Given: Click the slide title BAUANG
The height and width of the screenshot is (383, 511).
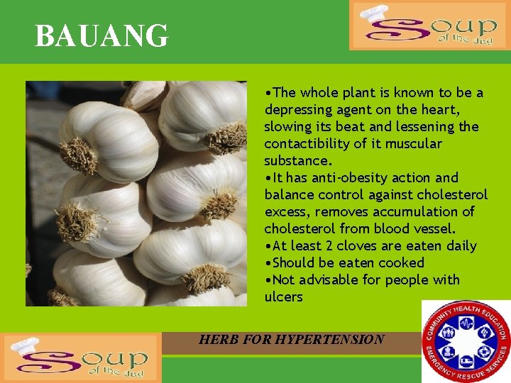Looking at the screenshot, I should (101, 36).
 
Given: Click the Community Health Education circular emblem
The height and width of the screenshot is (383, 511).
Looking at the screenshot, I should (466, 341).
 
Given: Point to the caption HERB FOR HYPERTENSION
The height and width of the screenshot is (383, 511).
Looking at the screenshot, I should (291, 340).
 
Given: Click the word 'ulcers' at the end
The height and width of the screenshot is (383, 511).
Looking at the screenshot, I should (283, 297).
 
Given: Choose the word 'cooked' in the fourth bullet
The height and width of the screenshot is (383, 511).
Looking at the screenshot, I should (400, 263).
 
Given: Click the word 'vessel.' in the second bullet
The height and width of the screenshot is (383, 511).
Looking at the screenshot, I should (433, 229).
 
